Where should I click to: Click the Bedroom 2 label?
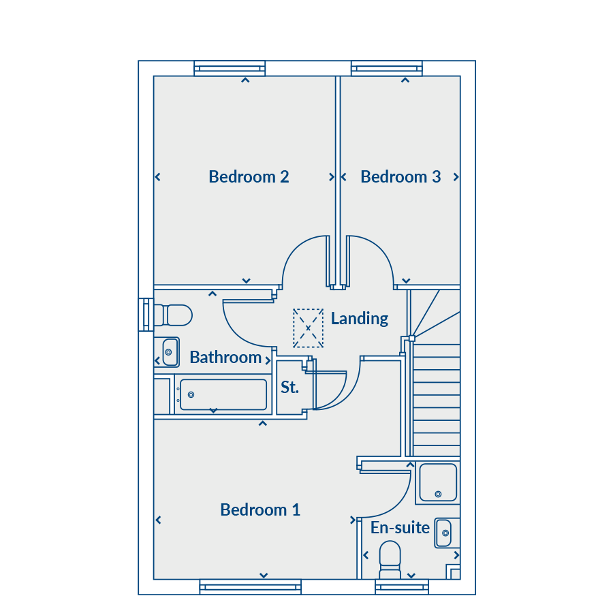point(249,176)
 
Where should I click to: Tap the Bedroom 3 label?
point(400,176)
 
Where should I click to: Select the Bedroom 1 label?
point(260,509)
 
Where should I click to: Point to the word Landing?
point(360,319)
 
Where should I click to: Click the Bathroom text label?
point(225,358)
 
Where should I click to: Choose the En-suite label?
point(400,528)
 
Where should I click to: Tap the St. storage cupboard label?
point(289,387)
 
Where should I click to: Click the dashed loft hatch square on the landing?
point(308,328)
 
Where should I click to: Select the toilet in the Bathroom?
point(173,315)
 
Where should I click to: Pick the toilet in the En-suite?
point(390,560)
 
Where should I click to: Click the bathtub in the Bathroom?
point(223,395)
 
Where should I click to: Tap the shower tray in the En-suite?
point(438,482)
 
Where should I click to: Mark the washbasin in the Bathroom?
point(170,352)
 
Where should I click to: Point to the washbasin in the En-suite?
point(443,533)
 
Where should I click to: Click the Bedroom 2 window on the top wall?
point(230,68)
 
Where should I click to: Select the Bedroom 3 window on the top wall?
point(387,68)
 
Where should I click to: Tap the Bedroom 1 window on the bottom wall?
point(250,587)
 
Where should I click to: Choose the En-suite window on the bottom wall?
point(401,587)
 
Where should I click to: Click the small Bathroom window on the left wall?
point(146,315)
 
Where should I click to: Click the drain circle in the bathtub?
point(191,395)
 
